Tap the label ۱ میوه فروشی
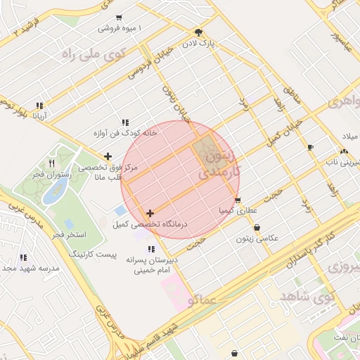pyautogui.click(x=120, y=28)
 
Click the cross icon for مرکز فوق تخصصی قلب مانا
pyautogui.click(x=107, y=157)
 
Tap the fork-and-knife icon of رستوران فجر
pyautogui.click(x=51, y=163)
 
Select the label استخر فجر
pyautogui.click(x=68, y=233)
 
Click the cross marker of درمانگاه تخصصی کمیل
pyautogui.click(x=150, y=213)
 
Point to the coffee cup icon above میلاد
pyautogui.click(x=311, y=147)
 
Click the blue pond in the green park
pyautogui.click(x=56, y=189)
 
